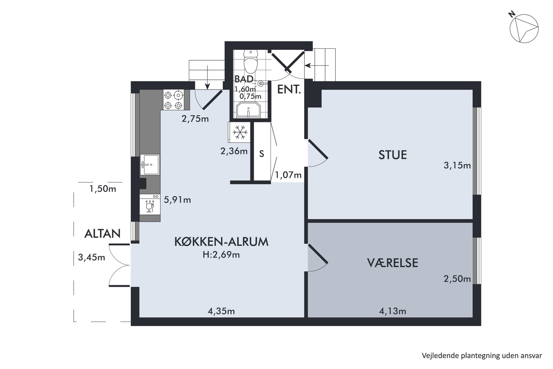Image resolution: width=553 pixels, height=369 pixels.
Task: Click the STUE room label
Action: click(392, 155)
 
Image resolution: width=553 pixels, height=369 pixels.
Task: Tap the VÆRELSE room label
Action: click(392, 263)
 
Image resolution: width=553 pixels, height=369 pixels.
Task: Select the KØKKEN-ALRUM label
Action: click(221, 242)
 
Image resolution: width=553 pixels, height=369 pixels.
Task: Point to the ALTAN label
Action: click(102, 233)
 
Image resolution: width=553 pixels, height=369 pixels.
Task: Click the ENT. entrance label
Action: click(289, 89)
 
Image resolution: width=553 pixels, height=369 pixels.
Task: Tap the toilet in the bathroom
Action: click(251, 61)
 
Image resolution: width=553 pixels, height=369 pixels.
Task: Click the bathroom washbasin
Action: click(248, 110)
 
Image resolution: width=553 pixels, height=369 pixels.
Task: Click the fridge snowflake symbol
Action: click(240, 132)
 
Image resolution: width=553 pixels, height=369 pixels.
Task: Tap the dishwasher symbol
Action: click(150, 204)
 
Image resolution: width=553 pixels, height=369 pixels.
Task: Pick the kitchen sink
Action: click(150, 165)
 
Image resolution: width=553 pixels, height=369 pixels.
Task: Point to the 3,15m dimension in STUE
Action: click(457, 166)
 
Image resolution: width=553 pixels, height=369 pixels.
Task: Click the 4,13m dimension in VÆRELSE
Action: click(392, 311)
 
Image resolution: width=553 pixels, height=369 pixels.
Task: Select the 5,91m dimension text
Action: click(177, 200)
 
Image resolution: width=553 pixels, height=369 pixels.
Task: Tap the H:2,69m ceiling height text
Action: click(221, 255)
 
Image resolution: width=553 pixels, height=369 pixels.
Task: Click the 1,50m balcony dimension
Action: click(103, 189)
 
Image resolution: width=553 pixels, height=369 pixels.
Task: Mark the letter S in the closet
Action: click(261, 154)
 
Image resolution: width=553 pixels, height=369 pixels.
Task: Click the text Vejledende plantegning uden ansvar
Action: click(482, 356)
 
